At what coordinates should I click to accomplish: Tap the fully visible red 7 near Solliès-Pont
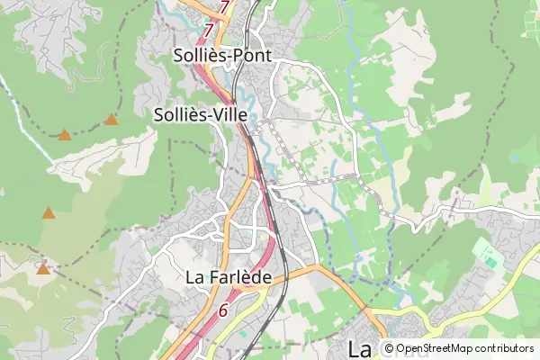(209, 31)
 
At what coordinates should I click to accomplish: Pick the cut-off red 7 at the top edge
(224, 5)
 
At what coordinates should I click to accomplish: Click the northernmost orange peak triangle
(112, 119)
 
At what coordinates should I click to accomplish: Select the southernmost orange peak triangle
(42, 267)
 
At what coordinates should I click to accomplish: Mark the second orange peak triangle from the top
(65, 135)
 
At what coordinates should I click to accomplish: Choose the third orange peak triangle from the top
(48, 213)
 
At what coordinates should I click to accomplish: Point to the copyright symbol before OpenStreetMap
(389, 348)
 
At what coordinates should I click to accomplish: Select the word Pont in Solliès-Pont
(252, 56)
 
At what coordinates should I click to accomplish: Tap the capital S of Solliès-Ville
(159, 115)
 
